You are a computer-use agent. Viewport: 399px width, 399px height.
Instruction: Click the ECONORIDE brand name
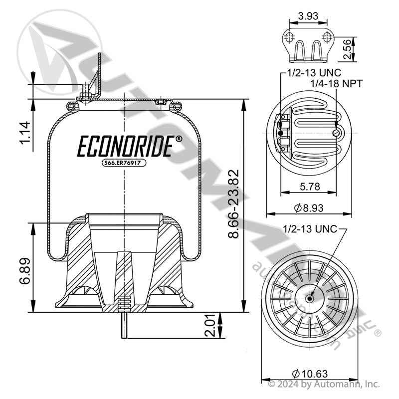click(125, 147)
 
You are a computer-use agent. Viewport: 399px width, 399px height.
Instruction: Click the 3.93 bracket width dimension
click(308, 15)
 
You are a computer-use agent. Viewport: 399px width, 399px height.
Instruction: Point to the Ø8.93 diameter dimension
click(307, 207)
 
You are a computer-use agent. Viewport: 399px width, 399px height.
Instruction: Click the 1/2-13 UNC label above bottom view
click(310, 229)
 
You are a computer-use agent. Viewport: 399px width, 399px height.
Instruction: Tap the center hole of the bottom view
click(310, 299)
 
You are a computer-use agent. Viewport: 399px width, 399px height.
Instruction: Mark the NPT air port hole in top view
click(337, 133)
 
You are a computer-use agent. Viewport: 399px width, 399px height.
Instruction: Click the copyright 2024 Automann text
click(324, 384)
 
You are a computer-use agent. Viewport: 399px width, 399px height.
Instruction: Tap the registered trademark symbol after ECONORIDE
click(179, 140)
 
